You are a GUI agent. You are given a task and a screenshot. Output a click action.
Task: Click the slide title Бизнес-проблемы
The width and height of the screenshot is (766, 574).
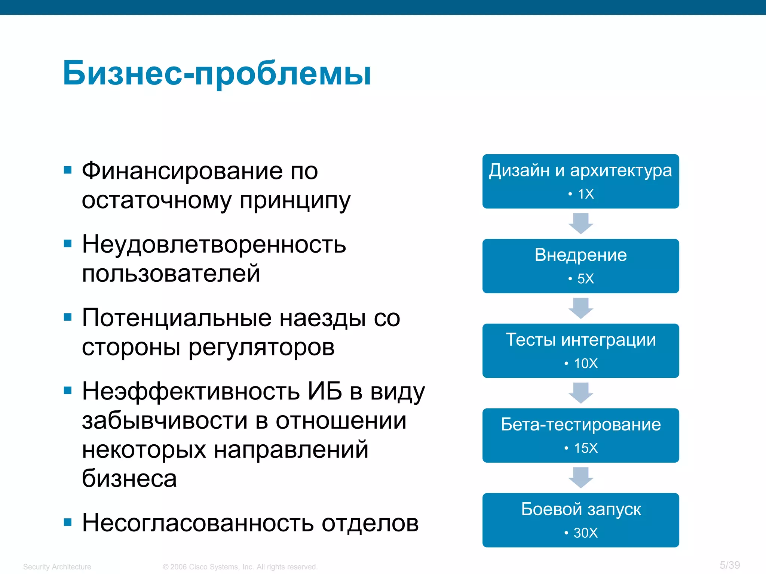click(217, 73)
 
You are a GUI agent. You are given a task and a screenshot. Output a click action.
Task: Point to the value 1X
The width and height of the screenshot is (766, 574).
click(585, 194)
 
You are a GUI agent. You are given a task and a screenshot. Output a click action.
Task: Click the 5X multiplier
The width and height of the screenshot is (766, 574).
click(585, 279)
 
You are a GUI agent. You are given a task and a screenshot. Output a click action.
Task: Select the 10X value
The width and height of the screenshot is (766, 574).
click(585, 364)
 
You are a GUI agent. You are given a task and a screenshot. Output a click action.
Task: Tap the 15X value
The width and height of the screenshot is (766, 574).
click(585, 448)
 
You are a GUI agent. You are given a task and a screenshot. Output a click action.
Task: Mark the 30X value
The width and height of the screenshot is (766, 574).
click(585, 533)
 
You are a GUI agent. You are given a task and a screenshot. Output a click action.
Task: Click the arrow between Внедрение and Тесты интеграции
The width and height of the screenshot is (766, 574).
click(580, 308)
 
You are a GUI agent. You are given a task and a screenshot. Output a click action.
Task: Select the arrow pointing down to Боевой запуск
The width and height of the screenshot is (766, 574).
click(580, 477)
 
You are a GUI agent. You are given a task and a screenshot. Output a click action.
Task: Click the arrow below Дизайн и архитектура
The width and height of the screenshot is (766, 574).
click(580, 223)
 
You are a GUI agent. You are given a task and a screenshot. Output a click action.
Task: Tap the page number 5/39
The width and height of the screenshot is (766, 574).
click(730, 565)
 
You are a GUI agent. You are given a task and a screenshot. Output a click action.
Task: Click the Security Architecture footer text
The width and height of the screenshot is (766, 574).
click(57, 567)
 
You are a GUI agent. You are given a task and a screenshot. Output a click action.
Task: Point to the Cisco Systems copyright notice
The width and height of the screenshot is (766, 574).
click(240, 567)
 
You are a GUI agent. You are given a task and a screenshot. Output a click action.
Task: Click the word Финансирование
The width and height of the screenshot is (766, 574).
click(182, 171)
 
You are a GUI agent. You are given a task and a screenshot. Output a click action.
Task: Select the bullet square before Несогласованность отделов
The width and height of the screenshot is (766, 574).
click(68, 522)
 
